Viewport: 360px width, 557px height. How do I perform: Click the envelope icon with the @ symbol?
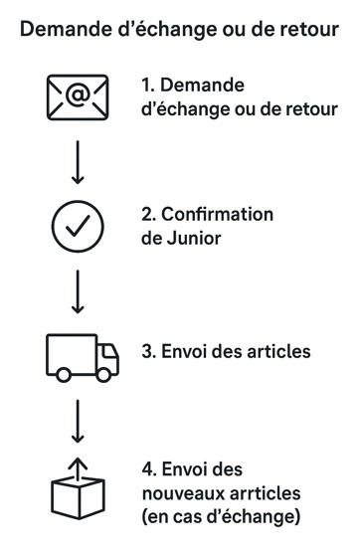click(x=78, y=96)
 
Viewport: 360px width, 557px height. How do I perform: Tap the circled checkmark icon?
click(x=78, y=228)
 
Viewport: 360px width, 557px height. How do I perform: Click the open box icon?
click(x=78, y=491)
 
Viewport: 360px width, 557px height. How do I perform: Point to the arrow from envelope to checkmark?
click(x=78, y=162)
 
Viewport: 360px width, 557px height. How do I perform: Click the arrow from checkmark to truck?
click(x=78, y=292)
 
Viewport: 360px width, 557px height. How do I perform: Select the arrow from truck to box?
click(x=78, y=422)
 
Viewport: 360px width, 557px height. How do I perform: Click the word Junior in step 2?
click(x=196, y=238)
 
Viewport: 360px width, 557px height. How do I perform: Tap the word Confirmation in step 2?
click(x=216, y=215)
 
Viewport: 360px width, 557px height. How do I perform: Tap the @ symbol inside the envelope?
click(x=78, y=95)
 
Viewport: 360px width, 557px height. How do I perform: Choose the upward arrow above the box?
click(x=78, y=464)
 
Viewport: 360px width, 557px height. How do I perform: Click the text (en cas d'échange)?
click(x=221, y=516)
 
